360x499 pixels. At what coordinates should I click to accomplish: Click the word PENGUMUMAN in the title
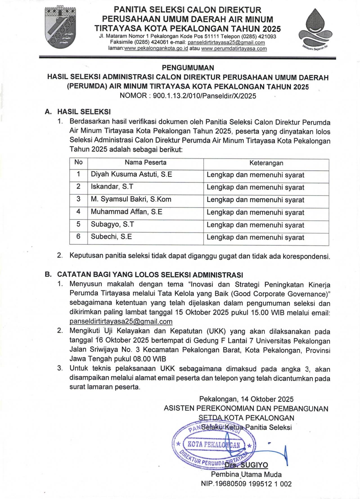pyautogui.click(x=188, y=68)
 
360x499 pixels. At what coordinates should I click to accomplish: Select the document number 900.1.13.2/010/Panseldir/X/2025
pyautogui.click(x=204, y=96)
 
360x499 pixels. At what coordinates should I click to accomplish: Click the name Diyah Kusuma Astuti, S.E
pyautogui.click(x=131, y=174)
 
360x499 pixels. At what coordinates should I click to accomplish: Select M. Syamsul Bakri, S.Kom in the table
pyautogui.click(x=131, y=199)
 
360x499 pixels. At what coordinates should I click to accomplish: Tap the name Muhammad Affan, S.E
pyautogui.click(x=126, y=212)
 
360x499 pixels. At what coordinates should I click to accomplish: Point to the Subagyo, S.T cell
pyautogui.click(x=112, y=224)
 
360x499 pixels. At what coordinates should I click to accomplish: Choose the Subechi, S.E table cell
pyautogui.click(x=111, y=237)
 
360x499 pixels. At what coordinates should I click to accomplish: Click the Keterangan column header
pyautogui.click(x=266, y=163)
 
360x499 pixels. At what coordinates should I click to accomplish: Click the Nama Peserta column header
pyautogui.click(x=145, y=162)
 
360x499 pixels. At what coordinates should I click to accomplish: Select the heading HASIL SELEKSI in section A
pyautogui.click(x=84, y=111)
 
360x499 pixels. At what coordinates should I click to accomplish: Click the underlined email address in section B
pyautogui.click(x=121, y=321)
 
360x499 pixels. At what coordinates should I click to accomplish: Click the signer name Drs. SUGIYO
pyautogui.click(x=246, y=465)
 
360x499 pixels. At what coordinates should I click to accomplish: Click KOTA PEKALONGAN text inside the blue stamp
pyautogui.click(x=213, y=445)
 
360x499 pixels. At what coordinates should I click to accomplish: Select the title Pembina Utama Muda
pyautogui.click(x=246, y=475)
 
